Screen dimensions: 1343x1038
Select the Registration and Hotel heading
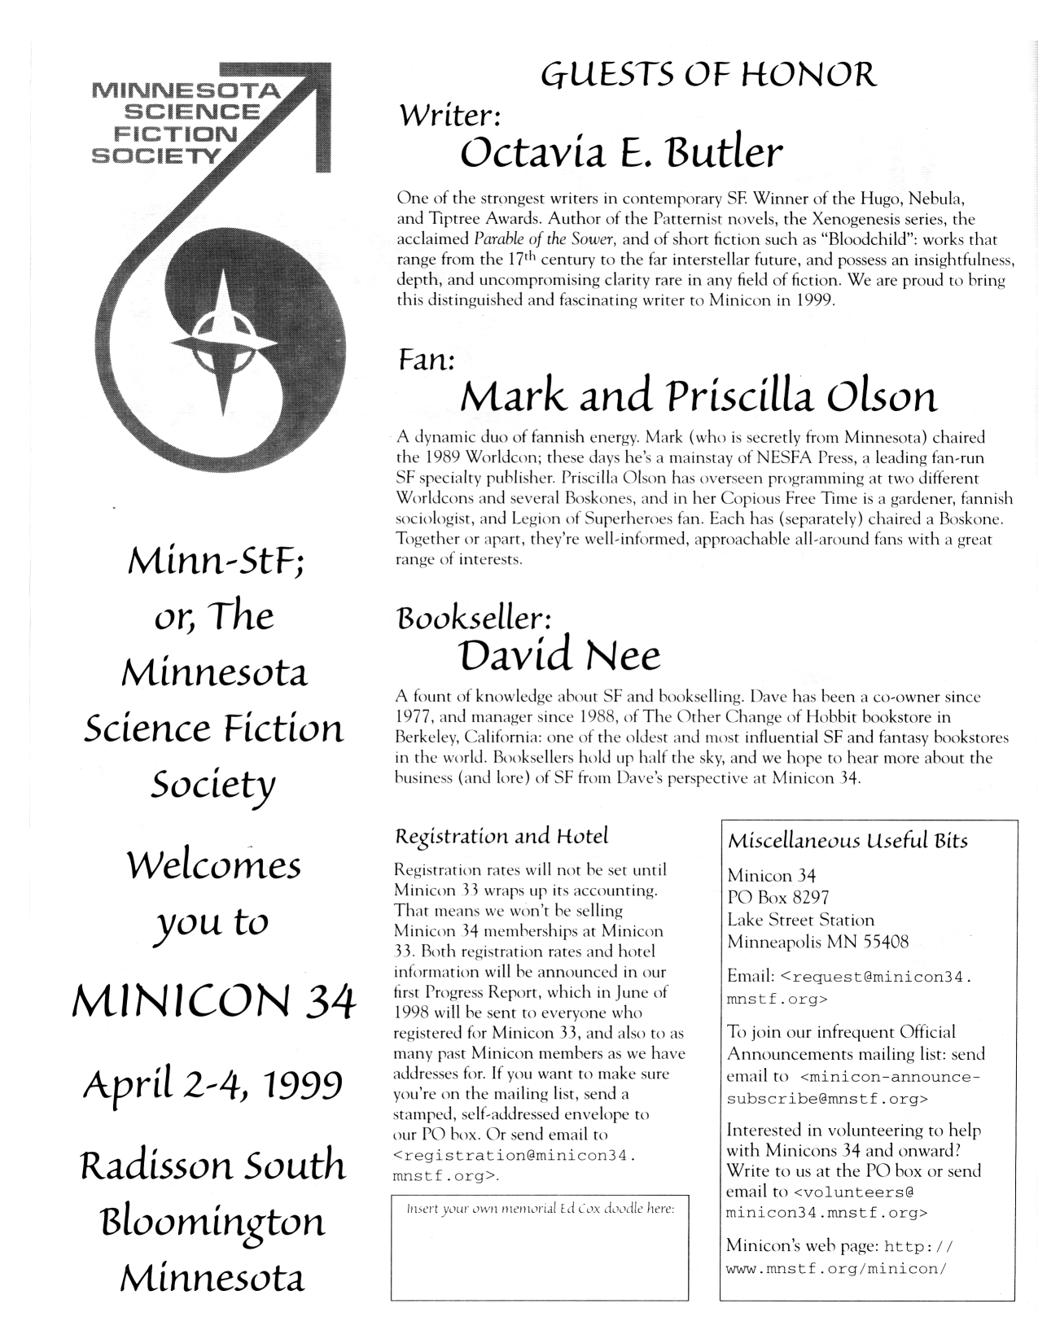pyautogui.click(x=501, y=836)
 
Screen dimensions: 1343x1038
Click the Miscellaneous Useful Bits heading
pyautogui.click(x=847, y=841)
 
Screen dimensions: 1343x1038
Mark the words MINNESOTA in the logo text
pyautogui.click(x=185, y=89)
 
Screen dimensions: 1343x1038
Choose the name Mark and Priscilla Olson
pyautogui.click(x=698, y=398)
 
